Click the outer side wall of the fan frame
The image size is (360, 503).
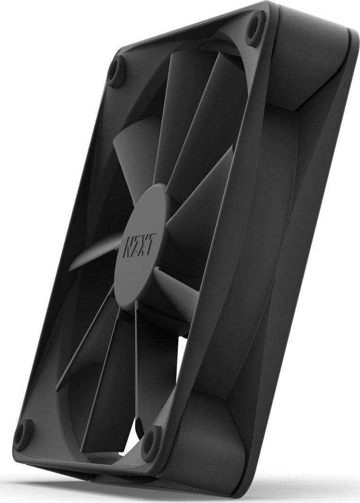click(x=293, y=236)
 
